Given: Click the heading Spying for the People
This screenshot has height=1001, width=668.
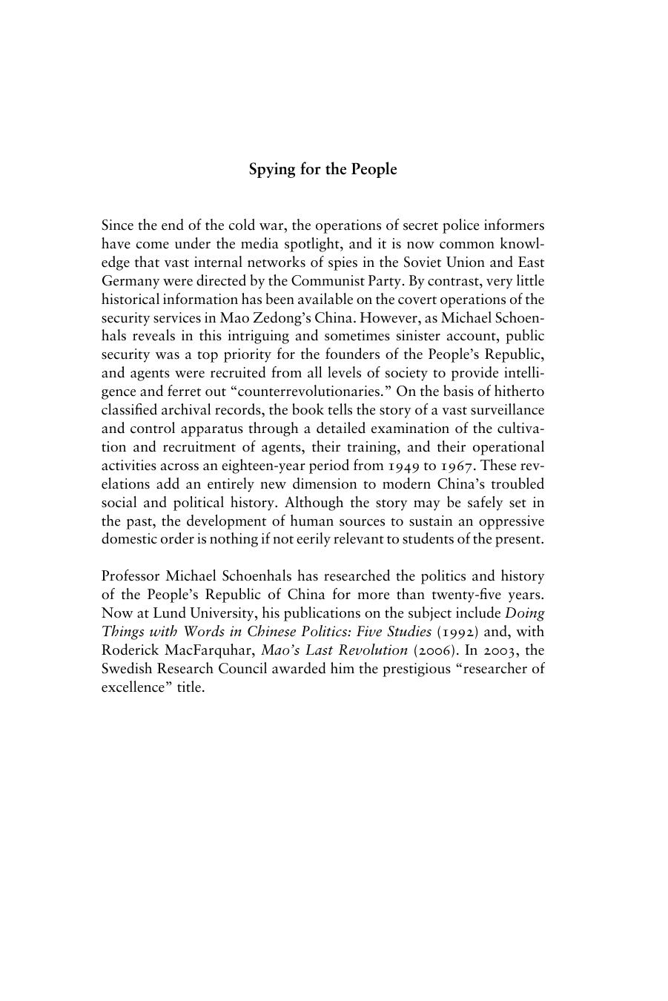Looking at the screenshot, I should click(323, 170).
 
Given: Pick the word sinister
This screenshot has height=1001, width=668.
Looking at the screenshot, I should click(403, 337).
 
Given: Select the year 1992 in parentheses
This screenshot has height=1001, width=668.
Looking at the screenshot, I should click(457, 632).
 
